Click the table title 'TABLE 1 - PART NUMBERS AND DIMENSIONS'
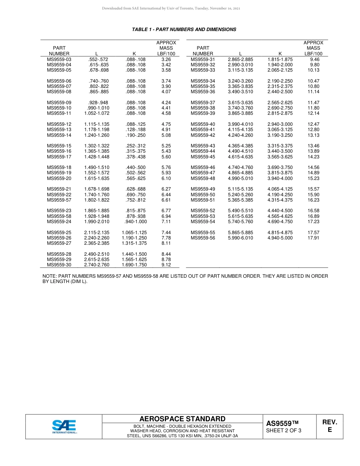point(184,30)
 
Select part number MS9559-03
point(59,59)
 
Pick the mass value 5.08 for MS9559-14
point(166,135)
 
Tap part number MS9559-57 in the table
point(59,200)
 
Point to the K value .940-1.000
point(136,222)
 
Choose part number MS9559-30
point(59,265)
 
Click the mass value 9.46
point(315,59)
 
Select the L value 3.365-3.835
point(240,86)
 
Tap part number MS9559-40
point(203,124)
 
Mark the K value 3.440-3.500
point(280,152)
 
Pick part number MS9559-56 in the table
point(203,238)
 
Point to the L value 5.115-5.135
point(240,189)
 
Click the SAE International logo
point(64,426)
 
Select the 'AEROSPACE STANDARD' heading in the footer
point(182,419)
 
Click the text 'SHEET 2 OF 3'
point(283,430)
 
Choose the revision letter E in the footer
point(330,430)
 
